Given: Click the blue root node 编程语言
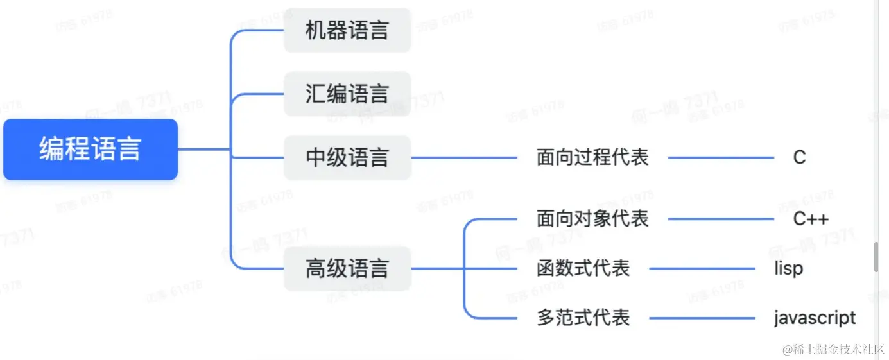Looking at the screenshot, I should point(90,149).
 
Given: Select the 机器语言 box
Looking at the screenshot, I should point(347,30).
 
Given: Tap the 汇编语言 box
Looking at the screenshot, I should point(347,94).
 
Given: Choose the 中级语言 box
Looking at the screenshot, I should point(347,157).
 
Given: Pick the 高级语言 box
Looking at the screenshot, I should point(347,268).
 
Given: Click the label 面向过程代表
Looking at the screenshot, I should point(592,157).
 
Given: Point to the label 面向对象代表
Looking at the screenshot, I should point(592,219).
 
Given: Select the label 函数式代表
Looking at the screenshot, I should point(583,268).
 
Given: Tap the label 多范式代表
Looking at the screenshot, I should point(583,318).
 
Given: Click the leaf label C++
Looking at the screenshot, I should point(811,219).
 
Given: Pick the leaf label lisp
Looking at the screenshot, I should point(788,268).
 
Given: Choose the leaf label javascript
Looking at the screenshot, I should point(814,318).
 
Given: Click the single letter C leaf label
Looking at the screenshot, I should point(799,157).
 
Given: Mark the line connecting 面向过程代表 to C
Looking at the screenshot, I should point(721,157).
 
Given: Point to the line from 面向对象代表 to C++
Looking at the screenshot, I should point(721,219).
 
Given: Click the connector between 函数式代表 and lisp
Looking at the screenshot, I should point(702,268).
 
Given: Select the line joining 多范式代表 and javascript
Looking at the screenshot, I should point(702,318).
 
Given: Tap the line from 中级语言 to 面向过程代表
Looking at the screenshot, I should point(463,157).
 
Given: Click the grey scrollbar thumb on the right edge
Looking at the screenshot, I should point(876,257).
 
